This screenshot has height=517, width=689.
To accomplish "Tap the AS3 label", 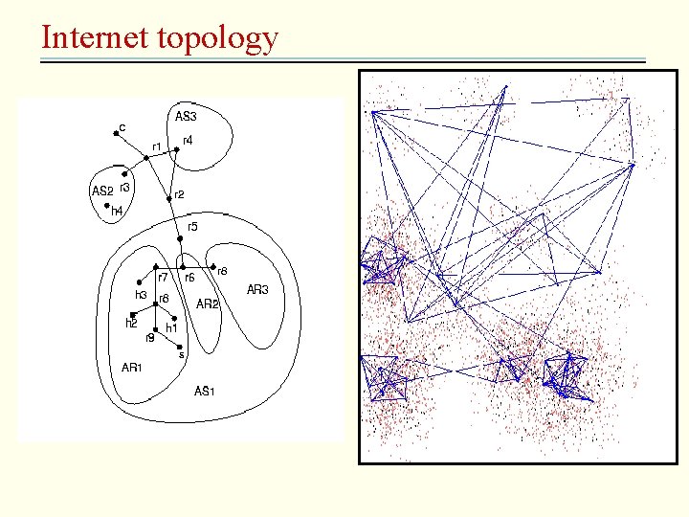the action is [186, 117].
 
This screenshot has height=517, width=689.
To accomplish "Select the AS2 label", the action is [101, 191].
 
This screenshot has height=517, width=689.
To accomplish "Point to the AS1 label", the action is [205, 391].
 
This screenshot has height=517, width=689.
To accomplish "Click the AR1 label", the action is [132, 366].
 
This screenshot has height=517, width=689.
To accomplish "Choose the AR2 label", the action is [208, 303].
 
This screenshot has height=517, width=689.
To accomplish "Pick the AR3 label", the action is [258, 289].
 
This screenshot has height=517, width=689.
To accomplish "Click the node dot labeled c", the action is [115, 135].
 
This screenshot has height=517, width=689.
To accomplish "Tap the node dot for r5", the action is [179, 237].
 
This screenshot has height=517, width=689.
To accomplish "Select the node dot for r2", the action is [168, 199].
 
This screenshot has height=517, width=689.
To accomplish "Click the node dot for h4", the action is [106, 204].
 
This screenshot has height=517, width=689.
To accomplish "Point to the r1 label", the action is [157, 146].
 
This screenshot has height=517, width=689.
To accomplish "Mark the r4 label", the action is [188, 140].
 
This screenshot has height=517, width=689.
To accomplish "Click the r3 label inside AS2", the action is [124, 187].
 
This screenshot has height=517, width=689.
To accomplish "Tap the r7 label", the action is [163, 277].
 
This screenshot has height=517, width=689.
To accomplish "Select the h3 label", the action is [141, 295].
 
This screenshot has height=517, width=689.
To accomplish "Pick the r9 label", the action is [149, 337].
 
